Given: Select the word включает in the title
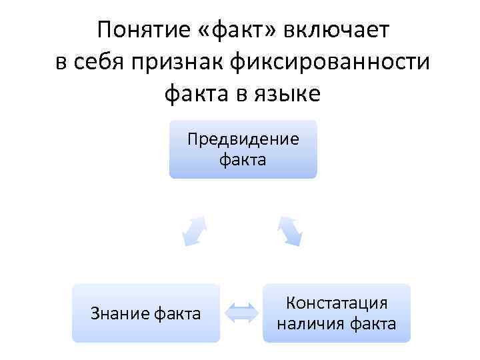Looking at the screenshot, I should pos(336,30).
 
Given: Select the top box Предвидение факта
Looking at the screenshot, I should pos(243,149).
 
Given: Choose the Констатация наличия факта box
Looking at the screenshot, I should pos(336,313).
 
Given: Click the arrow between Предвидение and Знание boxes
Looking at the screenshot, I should pos(193,231).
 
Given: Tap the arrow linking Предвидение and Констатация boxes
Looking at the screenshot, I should pos(290,231).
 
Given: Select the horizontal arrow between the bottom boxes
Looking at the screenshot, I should pos(241,313).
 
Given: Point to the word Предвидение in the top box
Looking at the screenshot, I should pos(243,140).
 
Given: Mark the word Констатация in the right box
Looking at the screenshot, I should pos(336,303).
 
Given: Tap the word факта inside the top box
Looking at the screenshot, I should pos(243,160).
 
